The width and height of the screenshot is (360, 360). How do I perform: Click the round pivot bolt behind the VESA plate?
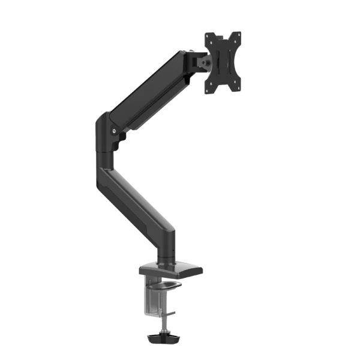205,61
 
